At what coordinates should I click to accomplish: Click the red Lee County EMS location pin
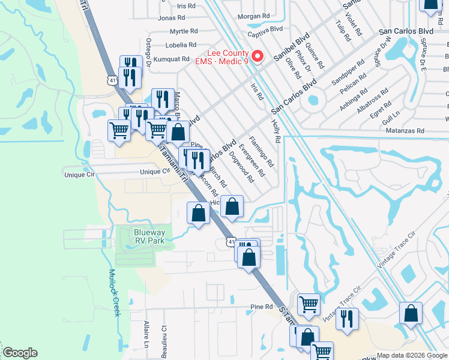click(x=258, y=56)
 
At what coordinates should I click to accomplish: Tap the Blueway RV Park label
click(x=142, y=235)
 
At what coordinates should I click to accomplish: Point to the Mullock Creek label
click(x=115, y=292)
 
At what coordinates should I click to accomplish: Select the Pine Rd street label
click(x=262, y=307)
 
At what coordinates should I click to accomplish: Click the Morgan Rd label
click(x=253, y=16)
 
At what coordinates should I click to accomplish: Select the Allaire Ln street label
click(x=146, y=334)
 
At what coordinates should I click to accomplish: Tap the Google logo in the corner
click(x=20, y=353)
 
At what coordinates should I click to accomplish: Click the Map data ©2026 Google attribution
click(x=412, y=355)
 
